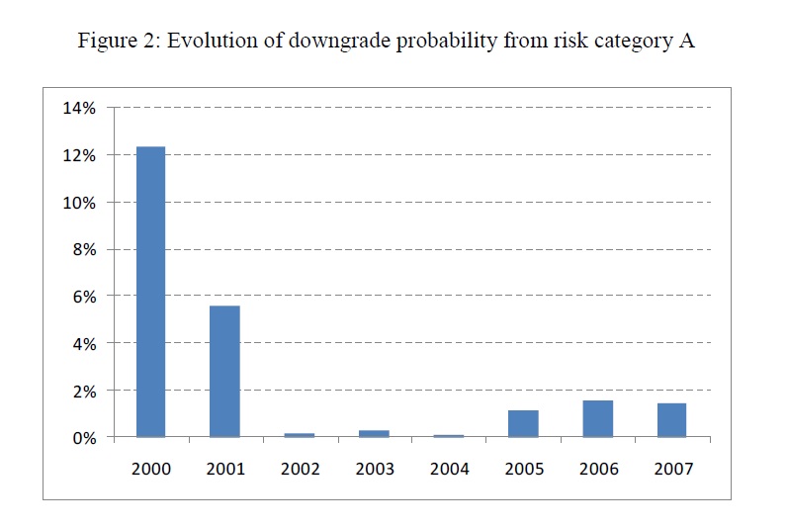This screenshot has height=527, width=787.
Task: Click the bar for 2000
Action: point(150,292)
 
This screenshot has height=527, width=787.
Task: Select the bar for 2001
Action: point(225,371)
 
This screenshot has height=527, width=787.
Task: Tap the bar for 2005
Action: point(523,423)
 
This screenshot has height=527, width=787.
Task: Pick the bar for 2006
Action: point(597,418)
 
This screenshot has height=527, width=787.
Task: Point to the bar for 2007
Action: point(671,420)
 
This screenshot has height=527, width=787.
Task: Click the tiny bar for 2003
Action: point(374,433)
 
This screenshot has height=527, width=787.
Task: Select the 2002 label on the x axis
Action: point(300,468)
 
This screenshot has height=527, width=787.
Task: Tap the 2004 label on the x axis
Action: point(449,468)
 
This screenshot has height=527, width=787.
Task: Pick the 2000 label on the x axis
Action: point(150,468)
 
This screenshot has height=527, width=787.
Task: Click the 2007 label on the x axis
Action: point(672,468)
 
